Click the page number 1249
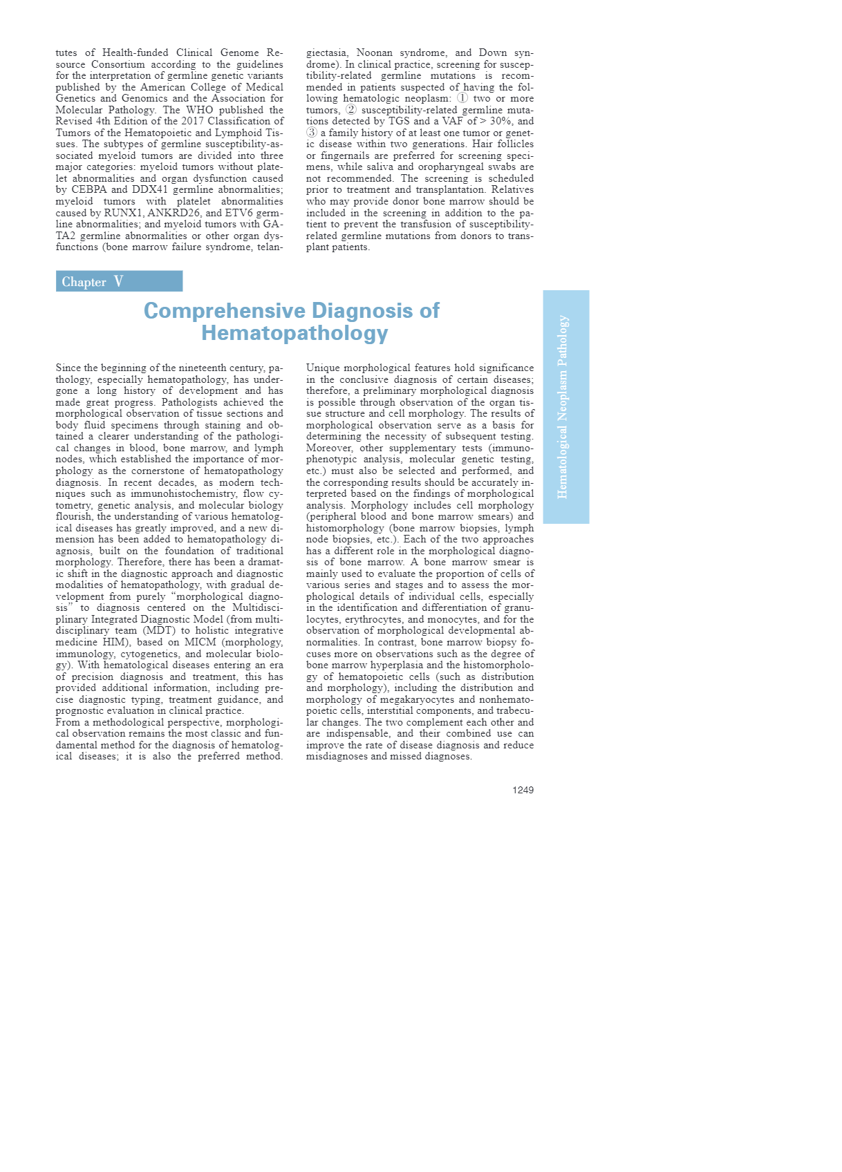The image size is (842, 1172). [x=523, y=790]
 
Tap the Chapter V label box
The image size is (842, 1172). [x=119, y=281]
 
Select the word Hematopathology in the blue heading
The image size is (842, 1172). [x=294, y=333]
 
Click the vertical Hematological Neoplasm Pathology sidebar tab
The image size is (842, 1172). [x=565, y=406]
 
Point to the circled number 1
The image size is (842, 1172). [x=462, y=98]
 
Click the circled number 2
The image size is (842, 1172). [x=351, y=110]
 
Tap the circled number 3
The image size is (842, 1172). [x=312, y=133]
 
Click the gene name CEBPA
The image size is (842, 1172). [x=89, y=189]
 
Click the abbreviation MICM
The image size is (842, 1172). [x=200, y=642]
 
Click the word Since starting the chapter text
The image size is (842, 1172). [x=68, y=368]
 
